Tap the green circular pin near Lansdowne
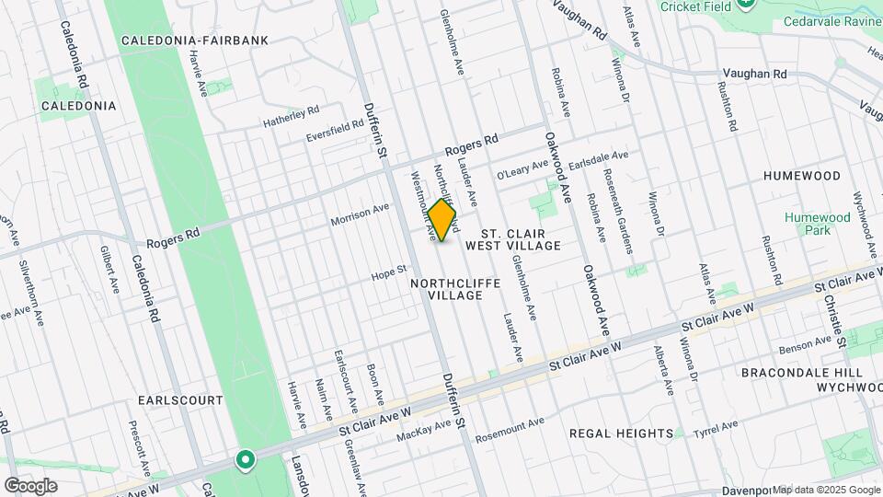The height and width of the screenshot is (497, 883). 245,459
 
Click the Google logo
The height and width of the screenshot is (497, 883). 30,485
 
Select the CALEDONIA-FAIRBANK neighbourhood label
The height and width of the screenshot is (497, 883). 194,40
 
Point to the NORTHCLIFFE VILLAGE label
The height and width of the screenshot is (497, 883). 455,289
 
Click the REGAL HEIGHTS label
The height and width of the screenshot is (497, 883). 621,433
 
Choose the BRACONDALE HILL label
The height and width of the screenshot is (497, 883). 803,373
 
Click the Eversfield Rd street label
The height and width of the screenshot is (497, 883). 336,132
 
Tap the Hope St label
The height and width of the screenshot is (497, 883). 388,272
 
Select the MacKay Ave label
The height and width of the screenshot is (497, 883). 424,430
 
